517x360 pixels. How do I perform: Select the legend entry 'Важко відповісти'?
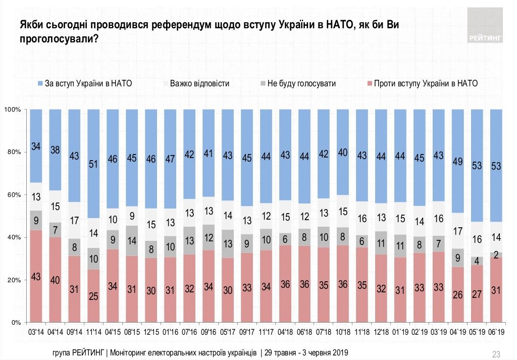coord(195,84)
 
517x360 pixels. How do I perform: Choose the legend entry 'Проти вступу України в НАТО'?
coord(422,84)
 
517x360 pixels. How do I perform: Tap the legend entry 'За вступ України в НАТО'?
coord(84,84)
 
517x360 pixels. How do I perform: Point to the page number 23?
coord(495,353)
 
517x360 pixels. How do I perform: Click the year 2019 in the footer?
coord(339,352)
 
